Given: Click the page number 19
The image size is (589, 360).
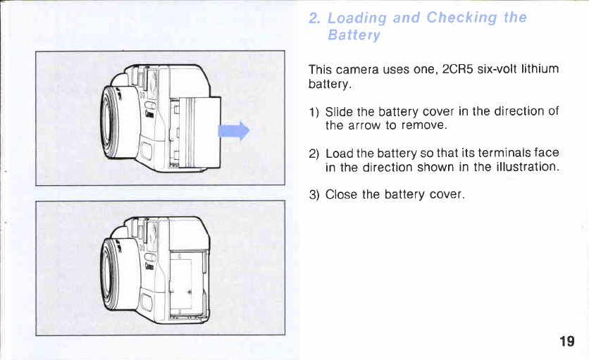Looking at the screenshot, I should coord(566,342).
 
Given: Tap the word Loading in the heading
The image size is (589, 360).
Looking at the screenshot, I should coord(357,18).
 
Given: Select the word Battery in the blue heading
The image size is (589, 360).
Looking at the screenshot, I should coord(354,35).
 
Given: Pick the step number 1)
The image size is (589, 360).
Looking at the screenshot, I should coord(314,111).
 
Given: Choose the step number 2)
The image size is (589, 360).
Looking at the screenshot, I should coord(314,153).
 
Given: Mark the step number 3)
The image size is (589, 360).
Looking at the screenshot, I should coord(314,194).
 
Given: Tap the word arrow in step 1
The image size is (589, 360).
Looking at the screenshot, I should coord(364,125).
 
